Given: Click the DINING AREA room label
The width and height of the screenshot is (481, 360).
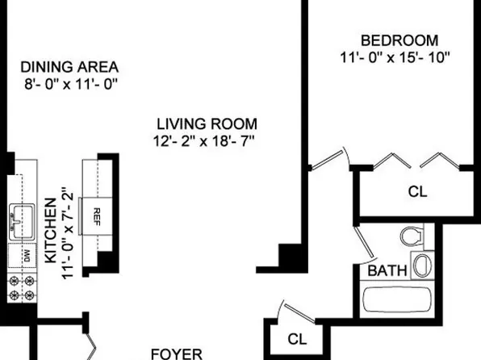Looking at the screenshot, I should pyautogui.click(x=69, y=66).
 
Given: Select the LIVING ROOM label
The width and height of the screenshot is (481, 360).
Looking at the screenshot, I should pyautogui.click(x=207, y=124).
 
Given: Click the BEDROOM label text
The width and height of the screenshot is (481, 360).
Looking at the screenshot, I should pyautogui.click(x=399, y=40).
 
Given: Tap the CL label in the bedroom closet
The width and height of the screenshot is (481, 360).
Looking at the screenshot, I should pyautogui.click(x=417, y=192).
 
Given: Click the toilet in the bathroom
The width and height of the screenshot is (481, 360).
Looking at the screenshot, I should pyautogui.click(x=411, y=236).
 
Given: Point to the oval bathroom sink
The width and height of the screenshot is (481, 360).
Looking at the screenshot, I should pyautogui.click(x=421, y=264).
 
